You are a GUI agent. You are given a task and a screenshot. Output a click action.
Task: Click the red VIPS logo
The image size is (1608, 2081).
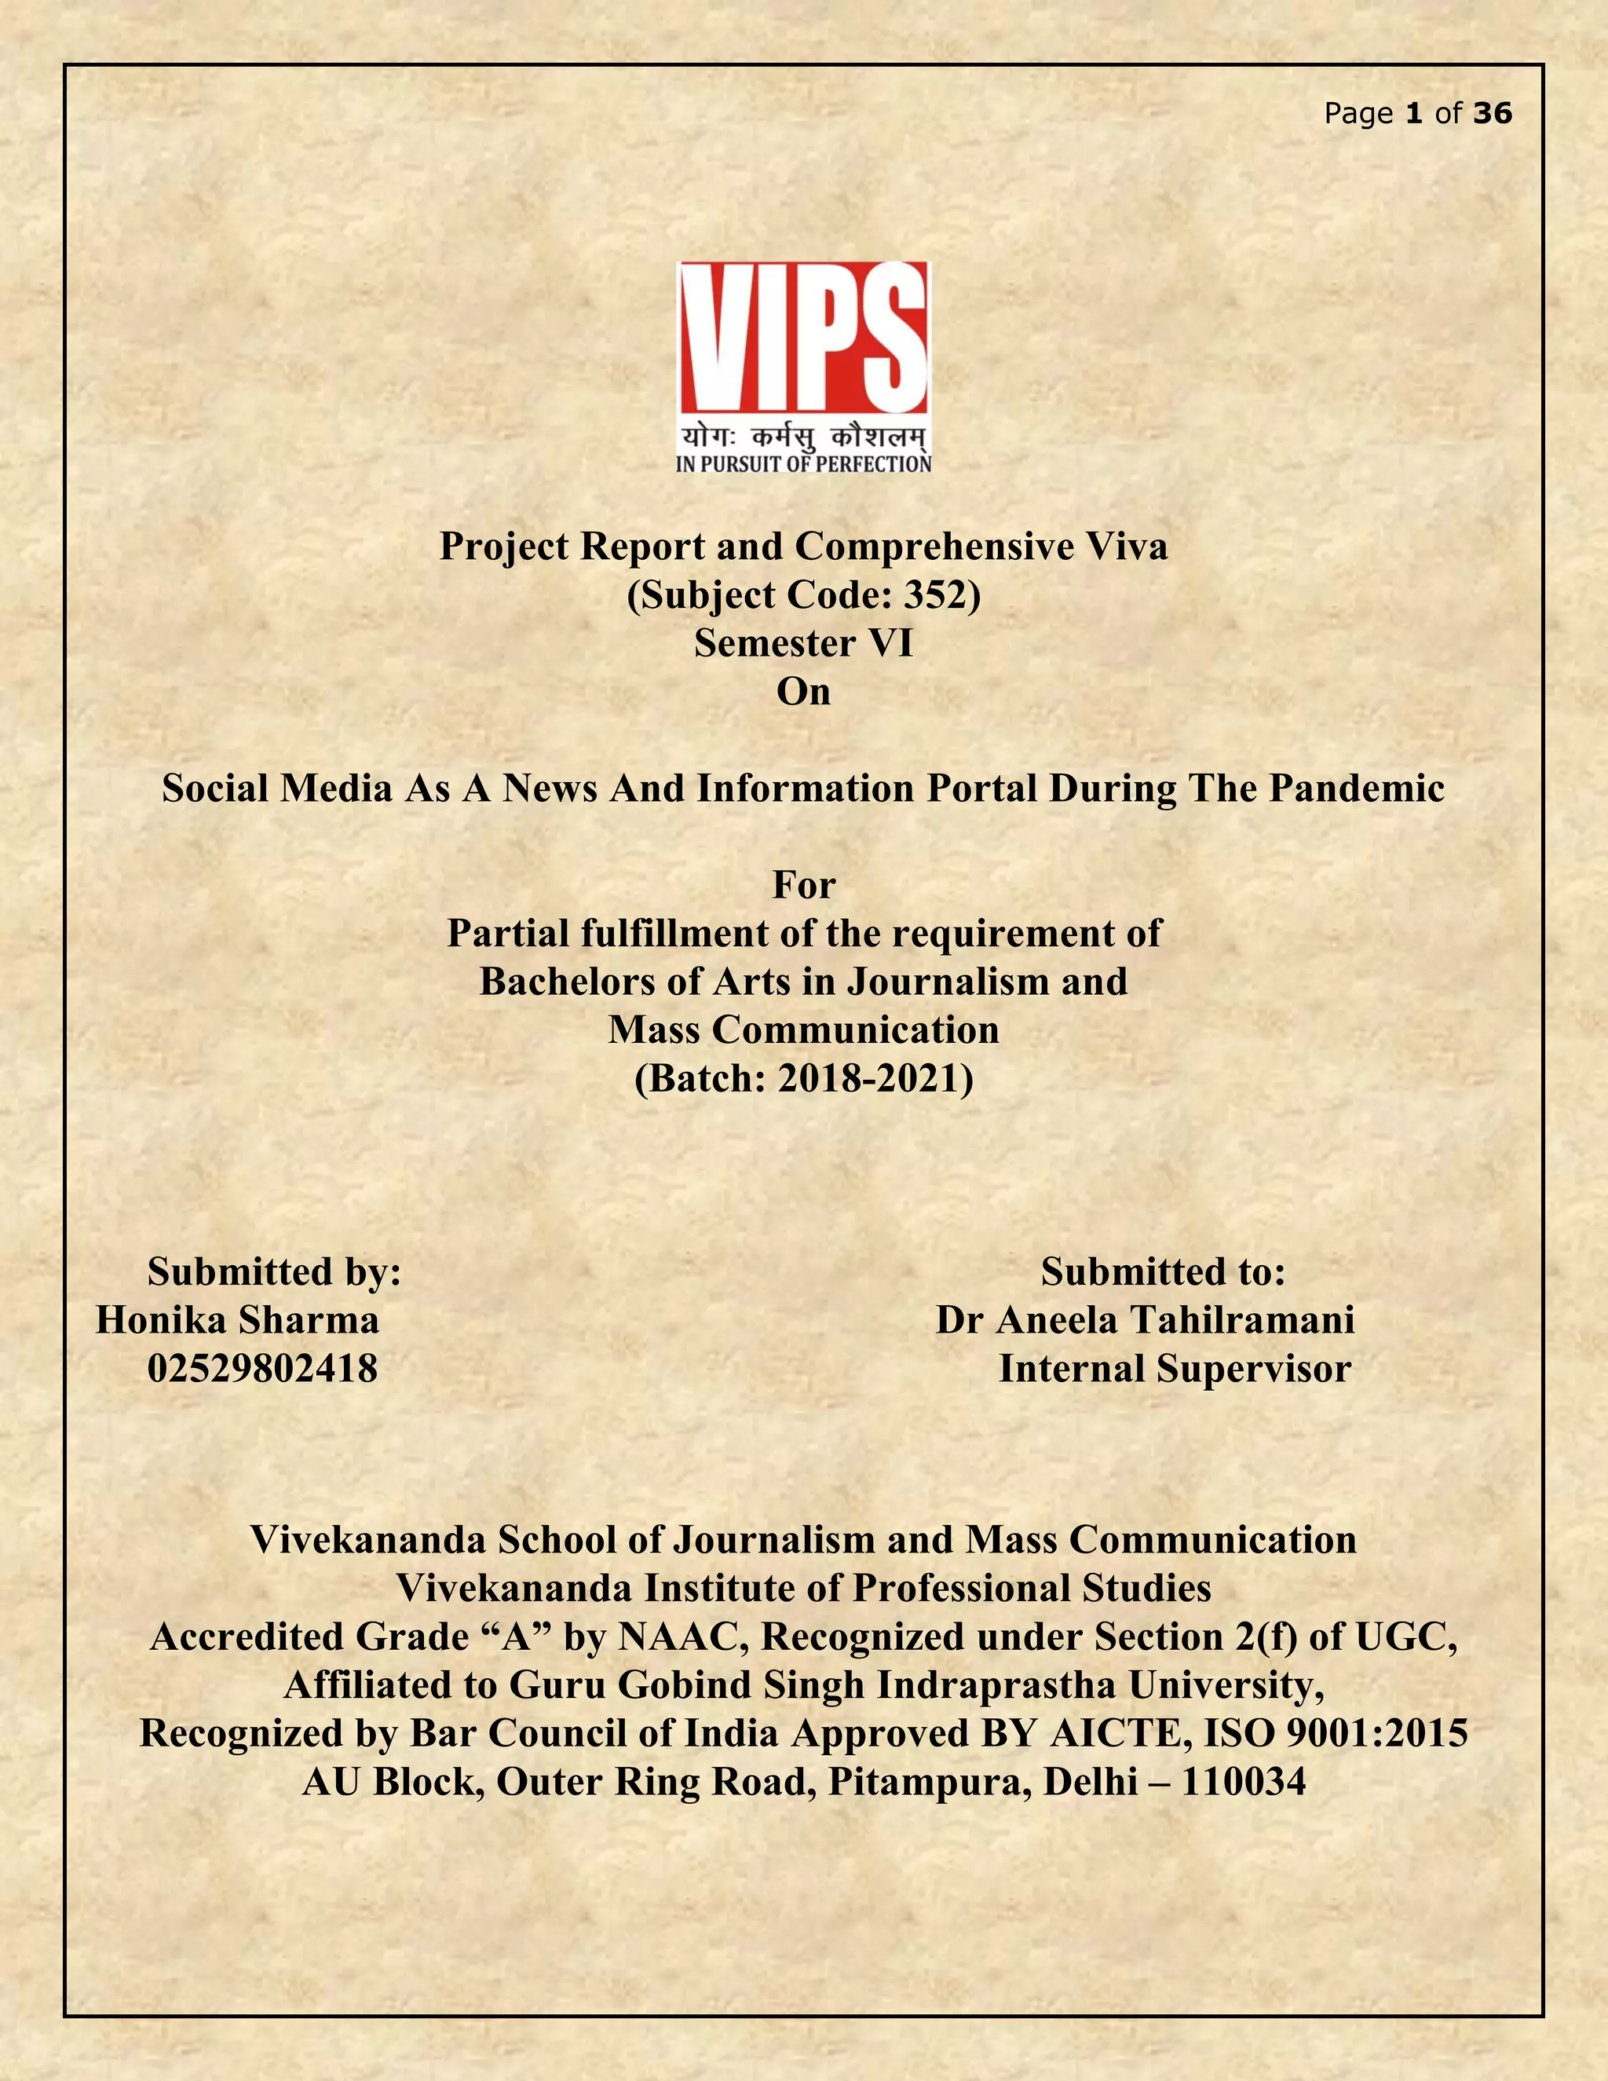tap(802, 338)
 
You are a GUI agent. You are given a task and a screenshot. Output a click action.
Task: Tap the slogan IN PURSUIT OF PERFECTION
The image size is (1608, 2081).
tap(803, 464)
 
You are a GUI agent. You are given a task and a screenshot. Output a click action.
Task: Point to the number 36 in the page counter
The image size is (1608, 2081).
tap(1492, 113)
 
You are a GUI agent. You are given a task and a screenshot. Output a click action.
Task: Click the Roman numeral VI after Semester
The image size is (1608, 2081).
tap(889, 643)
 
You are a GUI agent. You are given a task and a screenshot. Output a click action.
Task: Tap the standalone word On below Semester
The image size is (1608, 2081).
tap(803, 692)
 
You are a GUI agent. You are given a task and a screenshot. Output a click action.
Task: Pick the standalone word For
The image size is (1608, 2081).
tap(803, 885)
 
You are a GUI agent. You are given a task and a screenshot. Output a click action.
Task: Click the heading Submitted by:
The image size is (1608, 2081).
tap(274, 1272)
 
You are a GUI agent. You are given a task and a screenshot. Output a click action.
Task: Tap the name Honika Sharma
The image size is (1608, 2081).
tap(237, 1321)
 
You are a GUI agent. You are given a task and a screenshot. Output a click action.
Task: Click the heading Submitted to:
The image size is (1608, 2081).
tap(1162, 1272)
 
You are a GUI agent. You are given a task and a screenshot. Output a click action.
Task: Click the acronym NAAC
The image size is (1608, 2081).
tap(678, 1637)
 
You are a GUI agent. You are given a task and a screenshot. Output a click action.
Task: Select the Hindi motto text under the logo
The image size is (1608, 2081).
tap(803, 438)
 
